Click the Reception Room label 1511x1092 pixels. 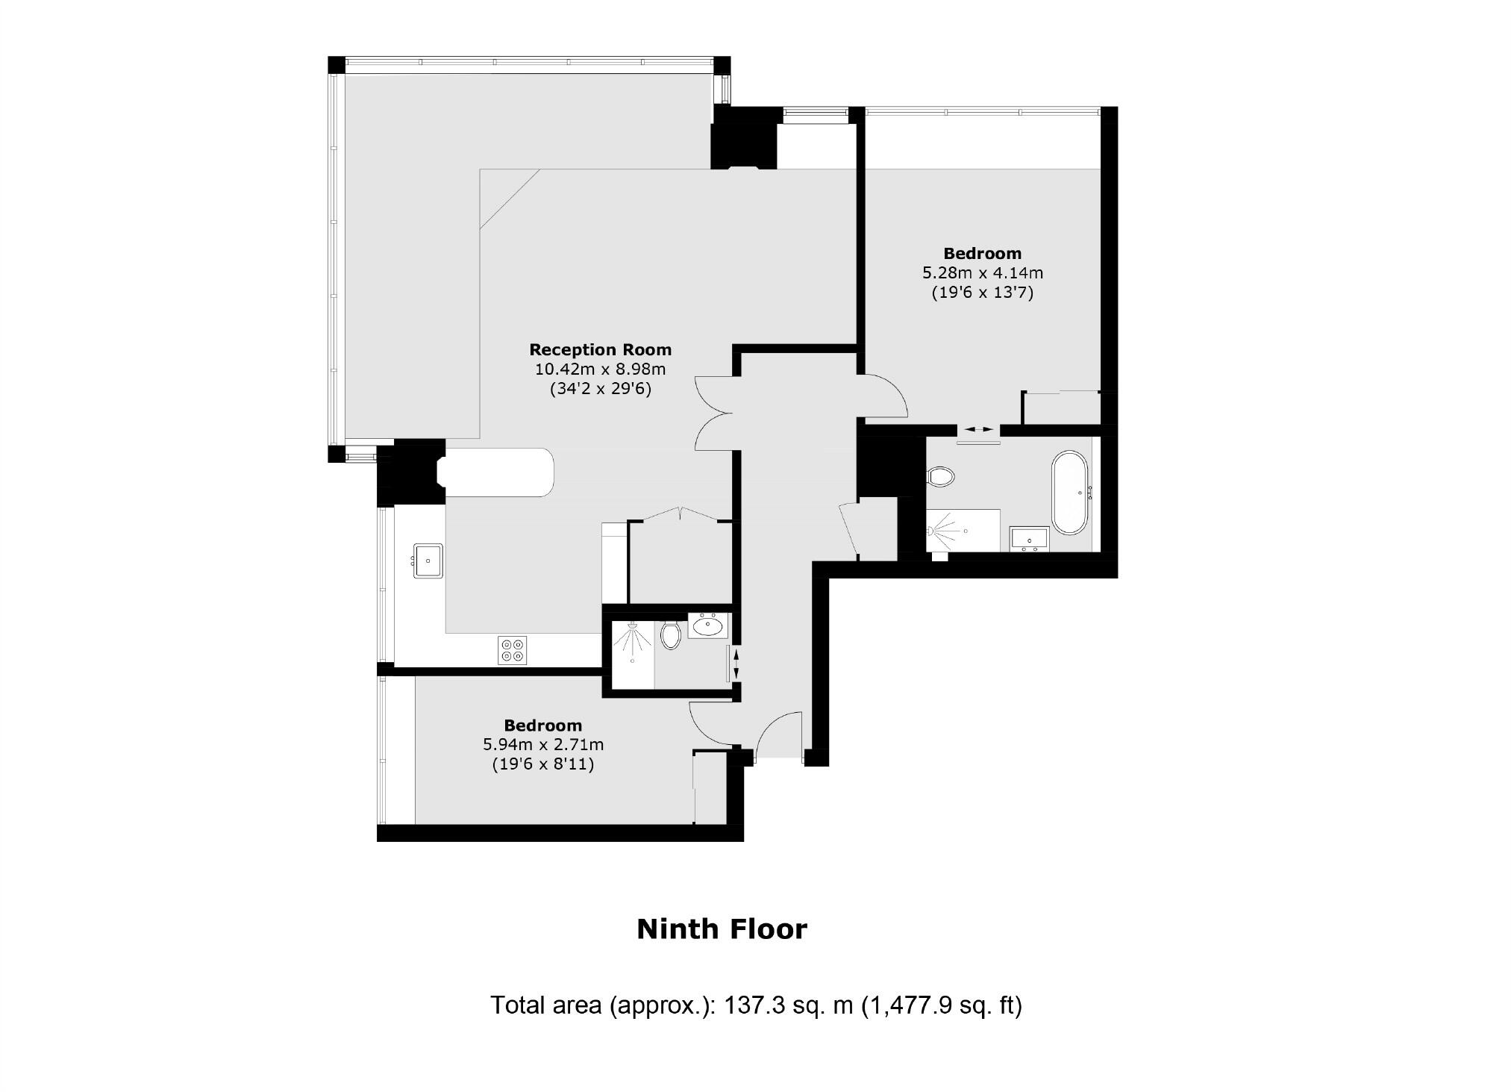coord(600,349)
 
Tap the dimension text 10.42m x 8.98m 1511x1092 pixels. coord(600,369)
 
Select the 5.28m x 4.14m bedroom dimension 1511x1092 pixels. coord(982,273)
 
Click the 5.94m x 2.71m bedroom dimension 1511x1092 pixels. coord(543,744)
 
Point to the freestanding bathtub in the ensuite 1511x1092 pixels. coord(1070,492)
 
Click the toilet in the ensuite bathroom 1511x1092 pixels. coord(942,475)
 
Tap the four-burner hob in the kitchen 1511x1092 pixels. coord(512,650)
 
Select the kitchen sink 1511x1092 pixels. coord(428,560)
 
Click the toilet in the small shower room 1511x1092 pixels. coord(671,636)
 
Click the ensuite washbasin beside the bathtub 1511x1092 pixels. coord(1029,538)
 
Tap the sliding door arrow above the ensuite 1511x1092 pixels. coord(977,429)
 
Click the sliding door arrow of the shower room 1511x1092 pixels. coord(736,664)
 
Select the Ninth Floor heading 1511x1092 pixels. coord(722,929)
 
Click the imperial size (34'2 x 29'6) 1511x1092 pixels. coord(600,389)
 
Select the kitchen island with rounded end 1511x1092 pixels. coord(498,472)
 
